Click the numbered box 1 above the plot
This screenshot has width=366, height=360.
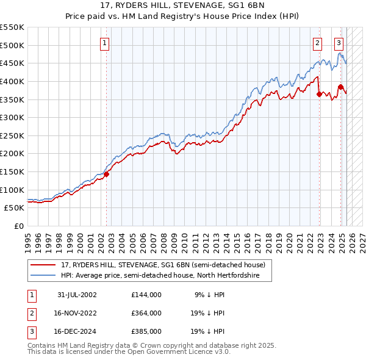[x=106, y=43]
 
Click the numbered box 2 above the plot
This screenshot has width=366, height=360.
[x=318, y=43]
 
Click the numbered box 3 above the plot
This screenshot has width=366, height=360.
[x=339, y=43]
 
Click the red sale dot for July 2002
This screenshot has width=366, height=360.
[x=106, y=174]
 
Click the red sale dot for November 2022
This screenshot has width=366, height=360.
[x=319, y=94]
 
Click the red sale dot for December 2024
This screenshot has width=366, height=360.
[x=340, y=87]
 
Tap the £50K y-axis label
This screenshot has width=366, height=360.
[x=14, y=208]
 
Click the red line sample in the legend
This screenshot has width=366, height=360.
[x=43, y=265]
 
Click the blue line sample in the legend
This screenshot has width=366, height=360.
[x=43, y=275]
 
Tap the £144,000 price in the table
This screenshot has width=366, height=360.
[x=146, y=294]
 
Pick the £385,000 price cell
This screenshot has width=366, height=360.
[x=146, y=332]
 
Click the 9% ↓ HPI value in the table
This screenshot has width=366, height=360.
[x=209, y=294]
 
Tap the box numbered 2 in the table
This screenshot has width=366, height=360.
[x=31, y=313]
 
